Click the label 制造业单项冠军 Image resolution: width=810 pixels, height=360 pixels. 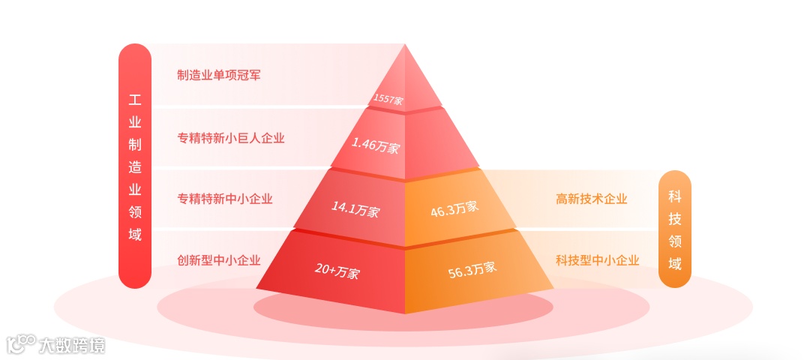(219, 75)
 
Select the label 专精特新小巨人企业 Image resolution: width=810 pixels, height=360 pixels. (231, 138)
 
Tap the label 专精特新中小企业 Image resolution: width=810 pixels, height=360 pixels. (225, 199)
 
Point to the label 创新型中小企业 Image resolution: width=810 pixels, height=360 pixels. (219, 260)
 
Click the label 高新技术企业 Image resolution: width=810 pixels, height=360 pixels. (592, 199)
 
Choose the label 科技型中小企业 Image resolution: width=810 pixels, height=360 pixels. (598, 260)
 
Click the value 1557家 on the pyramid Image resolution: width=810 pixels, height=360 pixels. (388, 99)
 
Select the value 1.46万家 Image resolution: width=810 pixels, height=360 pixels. (376, 145)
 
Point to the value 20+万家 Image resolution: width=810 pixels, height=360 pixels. (337, 271)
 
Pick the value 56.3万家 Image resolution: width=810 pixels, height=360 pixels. (472, 268)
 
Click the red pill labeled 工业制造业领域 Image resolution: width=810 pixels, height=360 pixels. (135, 166)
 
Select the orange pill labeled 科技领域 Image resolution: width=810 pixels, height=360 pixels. (675, 229)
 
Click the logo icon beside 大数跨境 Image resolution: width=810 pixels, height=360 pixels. (21, 343)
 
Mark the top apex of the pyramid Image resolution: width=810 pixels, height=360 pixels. (405, 45)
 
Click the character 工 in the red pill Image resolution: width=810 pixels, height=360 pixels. (135, 100)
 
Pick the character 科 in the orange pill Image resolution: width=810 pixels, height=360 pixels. (675, 196)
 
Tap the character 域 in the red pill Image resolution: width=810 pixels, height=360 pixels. (135, 234)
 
